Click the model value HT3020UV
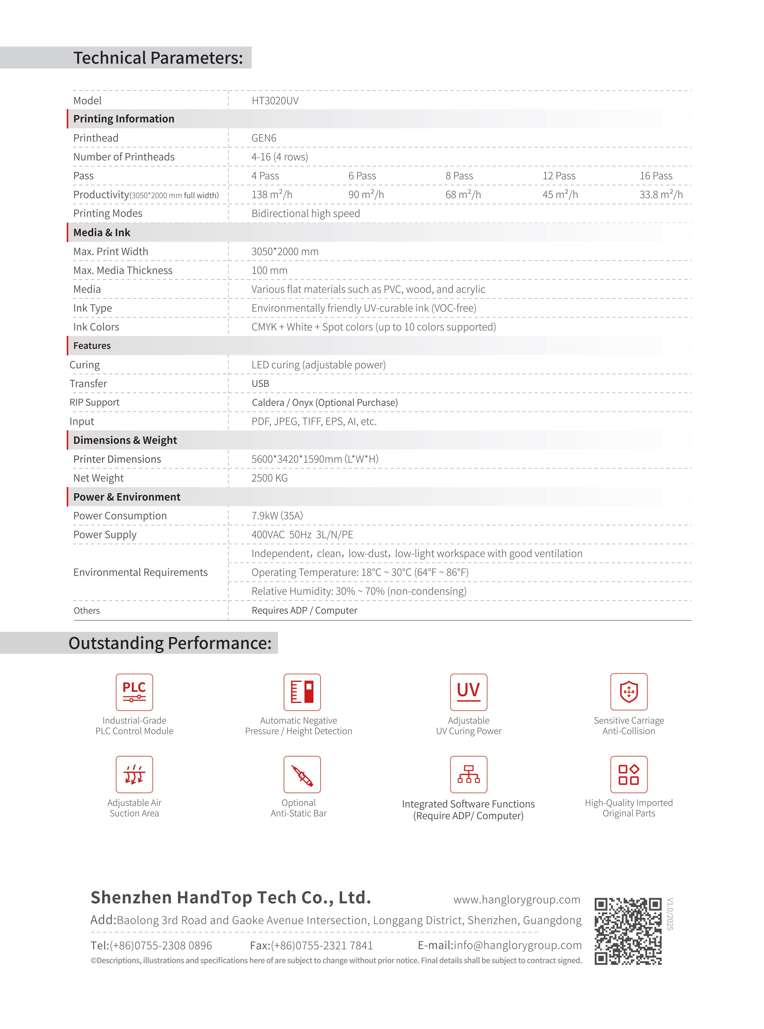pyautogui.click(x=275, y=101)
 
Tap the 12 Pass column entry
pyautogui.click(x=559, y=176)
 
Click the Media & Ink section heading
pyautogui.click(x=102, y=233)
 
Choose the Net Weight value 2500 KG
pyautogui.click(x=269, y=478)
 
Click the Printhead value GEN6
pyautogui.click(x=264, y=138)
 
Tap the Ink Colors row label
pyautogui.click(x=96, y=327)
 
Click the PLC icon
pyautogui.click(x=134, y=692)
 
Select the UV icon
pyautogui.click(x=469, y=692)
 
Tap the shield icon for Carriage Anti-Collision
pyautogui.click(x=629, y=692)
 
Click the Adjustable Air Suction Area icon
pyautogui.click(x=134, y=775)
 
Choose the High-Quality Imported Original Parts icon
pyautogui.click(x=629, y=775)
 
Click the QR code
pyautogui.click(x=628, y=931)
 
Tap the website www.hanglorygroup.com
pyautogui.click(x=517, y=900)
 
